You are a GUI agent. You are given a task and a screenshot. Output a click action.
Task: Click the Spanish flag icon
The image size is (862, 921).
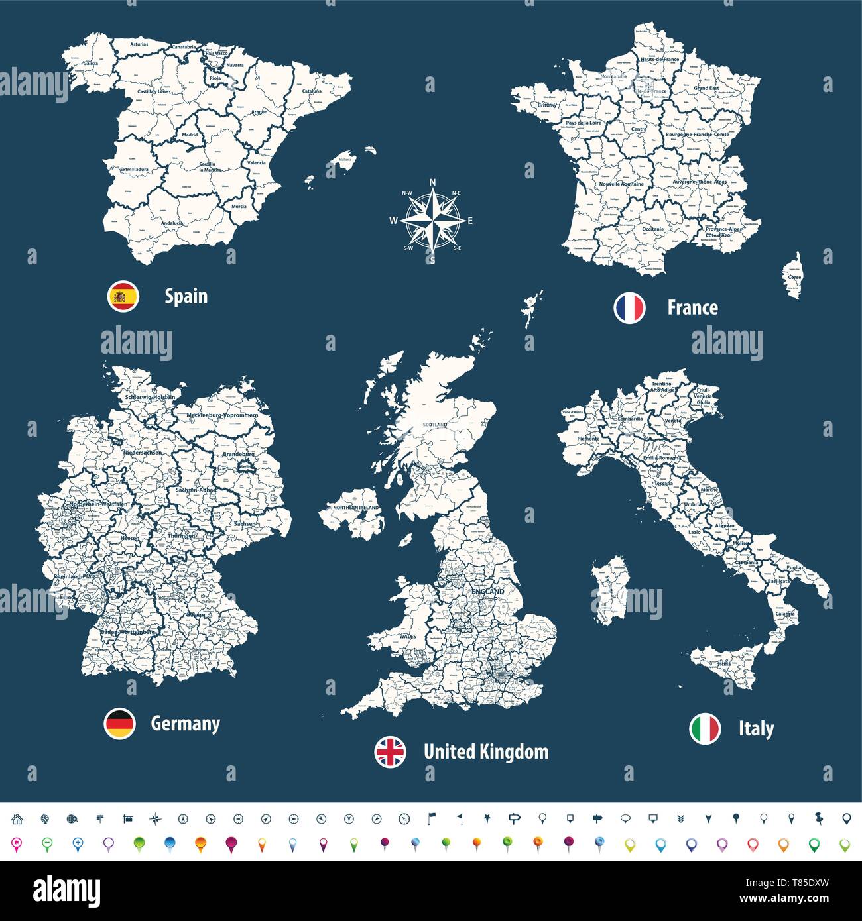point(123,296)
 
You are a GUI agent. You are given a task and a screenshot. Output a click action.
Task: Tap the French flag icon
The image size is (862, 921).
point(629,307)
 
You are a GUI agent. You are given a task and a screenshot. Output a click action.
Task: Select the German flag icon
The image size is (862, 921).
point(120,723)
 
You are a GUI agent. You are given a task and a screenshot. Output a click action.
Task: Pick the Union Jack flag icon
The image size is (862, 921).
point(391,752)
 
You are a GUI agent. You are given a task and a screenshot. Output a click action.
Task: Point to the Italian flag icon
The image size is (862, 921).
point(705,729)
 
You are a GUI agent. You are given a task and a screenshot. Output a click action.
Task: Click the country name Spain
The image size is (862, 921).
point(186,296)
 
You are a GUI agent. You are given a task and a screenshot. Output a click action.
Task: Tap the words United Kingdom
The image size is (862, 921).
point(486,752)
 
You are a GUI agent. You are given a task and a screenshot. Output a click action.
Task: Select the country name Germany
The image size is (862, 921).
point(186,723)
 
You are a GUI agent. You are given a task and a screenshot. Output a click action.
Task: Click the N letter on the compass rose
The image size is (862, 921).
point(432,182)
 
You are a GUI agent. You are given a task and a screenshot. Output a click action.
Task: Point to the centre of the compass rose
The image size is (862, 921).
point(432,219)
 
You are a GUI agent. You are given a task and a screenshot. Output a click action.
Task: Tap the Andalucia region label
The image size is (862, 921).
point(172,223)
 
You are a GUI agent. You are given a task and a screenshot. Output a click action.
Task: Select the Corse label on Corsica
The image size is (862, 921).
point(794,277)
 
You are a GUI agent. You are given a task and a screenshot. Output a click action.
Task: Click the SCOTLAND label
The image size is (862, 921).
point(435,424)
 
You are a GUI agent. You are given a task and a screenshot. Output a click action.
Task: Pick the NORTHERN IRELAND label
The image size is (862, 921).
point(357,508)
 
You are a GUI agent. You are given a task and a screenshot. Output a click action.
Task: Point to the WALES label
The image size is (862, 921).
point(408,636)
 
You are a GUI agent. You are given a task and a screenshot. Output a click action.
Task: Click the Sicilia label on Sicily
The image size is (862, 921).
point(723,663)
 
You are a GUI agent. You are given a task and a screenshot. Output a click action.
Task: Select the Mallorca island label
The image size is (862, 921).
point(345,160)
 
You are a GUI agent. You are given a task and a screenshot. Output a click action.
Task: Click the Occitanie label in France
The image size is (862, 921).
point(653,229)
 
